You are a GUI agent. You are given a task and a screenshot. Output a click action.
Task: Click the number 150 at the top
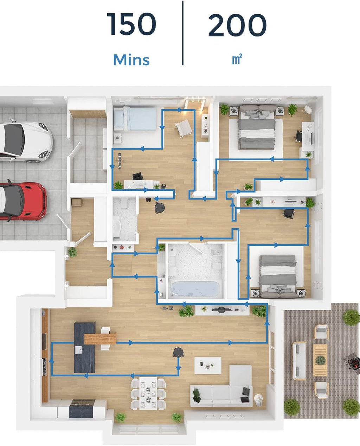131,24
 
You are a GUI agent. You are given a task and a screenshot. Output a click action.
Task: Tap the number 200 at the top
237,25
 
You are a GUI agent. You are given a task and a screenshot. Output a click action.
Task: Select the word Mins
131,60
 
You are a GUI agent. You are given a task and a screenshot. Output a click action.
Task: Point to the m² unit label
237,59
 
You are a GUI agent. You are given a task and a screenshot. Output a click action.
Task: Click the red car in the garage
22,201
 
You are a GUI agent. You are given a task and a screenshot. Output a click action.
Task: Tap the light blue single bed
135,119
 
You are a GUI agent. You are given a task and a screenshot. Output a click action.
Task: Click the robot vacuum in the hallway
160,208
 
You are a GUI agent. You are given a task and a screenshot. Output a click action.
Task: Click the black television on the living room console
221,310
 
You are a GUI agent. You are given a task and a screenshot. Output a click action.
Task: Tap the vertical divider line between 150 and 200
182,33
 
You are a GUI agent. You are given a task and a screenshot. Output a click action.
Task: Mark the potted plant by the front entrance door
72,252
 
